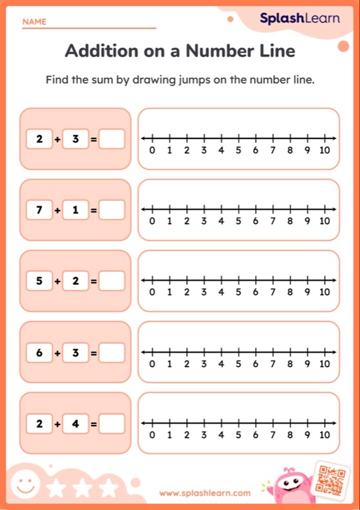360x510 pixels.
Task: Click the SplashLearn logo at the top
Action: click(x=299, y=19)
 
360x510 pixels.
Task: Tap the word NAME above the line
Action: click(x=34, y=22)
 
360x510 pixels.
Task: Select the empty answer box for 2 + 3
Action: click(x=112, y=138)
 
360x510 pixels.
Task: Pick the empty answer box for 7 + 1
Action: click(x=112, y=209)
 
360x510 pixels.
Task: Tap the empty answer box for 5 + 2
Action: click(x=112, y=281)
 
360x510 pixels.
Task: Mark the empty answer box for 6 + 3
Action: click(x=112, y=352)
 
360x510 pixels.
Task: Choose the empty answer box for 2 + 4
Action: click(x=112, y=424)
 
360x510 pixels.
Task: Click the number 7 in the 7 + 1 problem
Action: click(x=39, y=209)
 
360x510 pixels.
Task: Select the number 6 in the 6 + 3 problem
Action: click(x=39, y=352)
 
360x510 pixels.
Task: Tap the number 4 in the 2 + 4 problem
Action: click(x=76, y=424)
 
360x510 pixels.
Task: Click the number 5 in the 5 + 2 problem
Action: click(x=39, y=281)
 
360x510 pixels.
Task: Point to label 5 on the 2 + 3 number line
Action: click(x=238, y=151)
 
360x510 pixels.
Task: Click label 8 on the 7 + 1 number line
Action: click(x=290, y=222)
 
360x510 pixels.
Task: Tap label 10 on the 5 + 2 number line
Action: click(x=325, y=292)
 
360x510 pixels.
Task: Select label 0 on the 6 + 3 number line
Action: click(x=152, y=364)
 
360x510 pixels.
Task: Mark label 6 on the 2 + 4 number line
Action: click(x=256, y=435)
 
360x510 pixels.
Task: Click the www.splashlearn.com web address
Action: click(x=205, y=493)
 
